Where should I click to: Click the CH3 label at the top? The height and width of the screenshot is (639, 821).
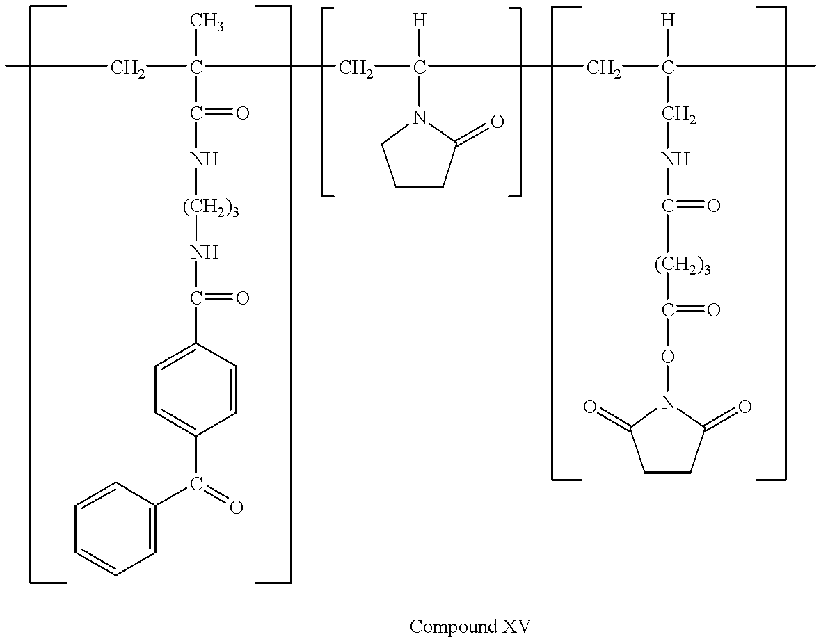point(207,22)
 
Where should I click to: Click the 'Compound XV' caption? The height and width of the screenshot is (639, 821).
point(470,626)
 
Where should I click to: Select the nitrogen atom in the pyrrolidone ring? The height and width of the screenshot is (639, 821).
point(419,118)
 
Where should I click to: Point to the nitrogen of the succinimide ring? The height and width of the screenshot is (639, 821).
point(667,403)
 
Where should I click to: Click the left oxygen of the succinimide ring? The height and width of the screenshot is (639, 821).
point(590,407)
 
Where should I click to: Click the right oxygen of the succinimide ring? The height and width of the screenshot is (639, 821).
point(744,406)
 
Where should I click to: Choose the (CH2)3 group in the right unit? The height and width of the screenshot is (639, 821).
point(683,266)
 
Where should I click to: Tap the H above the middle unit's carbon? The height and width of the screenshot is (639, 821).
point(420,21)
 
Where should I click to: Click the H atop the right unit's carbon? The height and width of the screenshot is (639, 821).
point(668,21)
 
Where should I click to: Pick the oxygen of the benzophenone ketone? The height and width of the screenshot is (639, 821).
point(236,507)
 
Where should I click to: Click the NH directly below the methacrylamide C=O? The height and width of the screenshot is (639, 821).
point(204,159)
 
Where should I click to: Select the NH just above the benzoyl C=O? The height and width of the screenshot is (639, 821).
point(204,253)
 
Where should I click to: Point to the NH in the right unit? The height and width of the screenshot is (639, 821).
point(676,159)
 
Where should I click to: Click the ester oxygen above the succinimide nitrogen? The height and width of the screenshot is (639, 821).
point(668,357)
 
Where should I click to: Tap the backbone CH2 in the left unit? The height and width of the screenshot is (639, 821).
point(128,68)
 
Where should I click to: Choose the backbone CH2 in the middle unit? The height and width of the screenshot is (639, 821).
point(356,68)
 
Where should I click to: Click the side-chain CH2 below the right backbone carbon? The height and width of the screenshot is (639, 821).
point(678,115)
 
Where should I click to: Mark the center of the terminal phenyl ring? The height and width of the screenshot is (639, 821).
point(115,528)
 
